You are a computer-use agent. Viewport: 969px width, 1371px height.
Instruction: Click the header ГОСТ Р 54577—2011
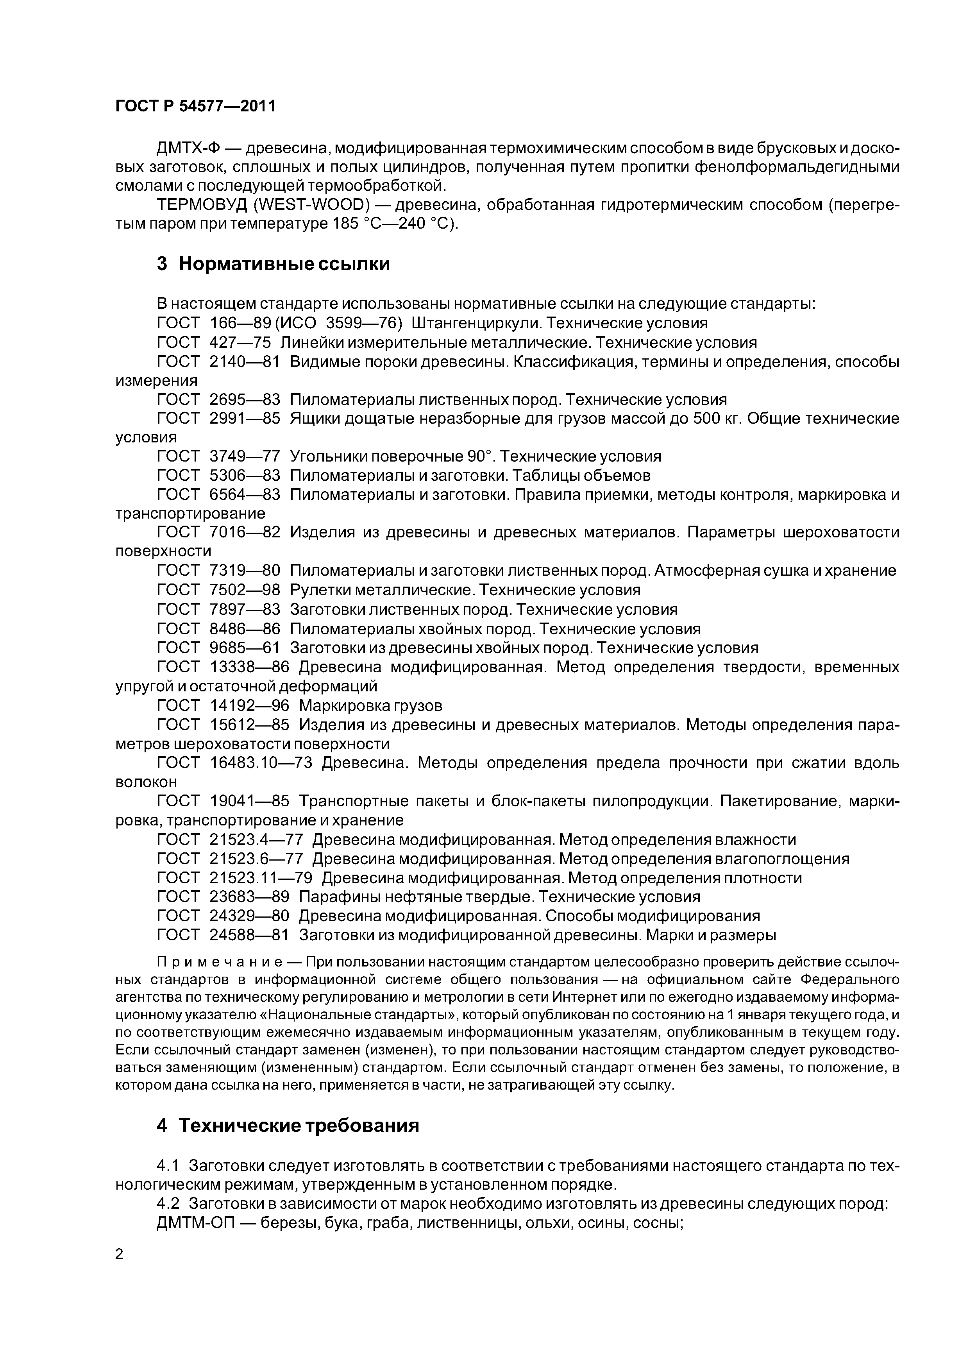(x=195, y=106)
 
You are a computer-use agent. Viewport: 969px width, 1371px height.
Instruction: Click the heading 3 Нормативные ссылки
(x=273, y=263)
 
